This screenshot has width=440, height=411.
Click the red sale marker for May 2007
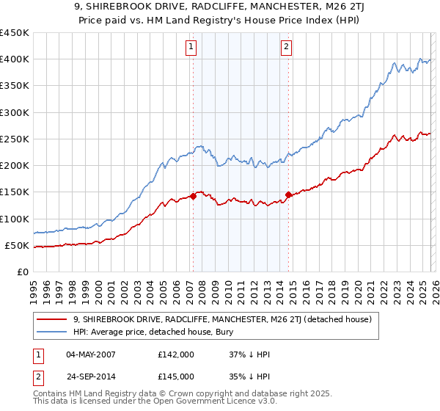193,196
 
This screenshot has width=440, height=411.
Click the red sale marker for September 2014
288,194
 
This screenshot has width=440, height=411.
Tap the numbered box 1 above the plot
191,48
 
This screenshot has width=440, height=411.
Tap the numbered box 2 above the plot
285,48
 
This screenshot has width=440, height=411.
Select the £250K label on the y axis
15,139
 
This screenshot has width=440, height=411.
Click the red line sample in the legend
54,319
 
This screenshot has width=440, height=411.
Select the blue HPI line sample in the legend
54,332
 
